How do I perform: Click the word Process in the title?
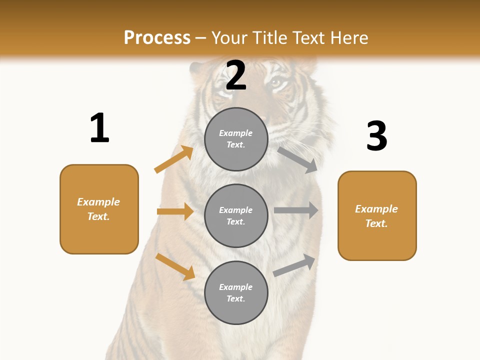(x=157, y=38)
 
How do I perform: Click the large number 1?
(x=99, y=128)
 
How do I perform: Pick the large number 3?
(x=376, y=136)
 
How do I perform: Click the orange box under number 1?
(x=99, y=209)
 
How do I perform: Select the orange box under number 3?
(x=377, y=216)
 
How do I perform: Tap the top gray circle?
(x=236, y=139)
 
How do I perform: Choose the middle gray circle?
(x=236, y=216)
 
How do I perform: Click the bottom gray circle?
(x=236, y=293)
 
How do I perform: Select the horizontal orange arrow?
(x=175, y=211)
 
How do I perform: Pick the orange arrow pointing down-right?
(x=175, y=266)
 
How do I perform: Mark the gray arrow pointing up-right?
(x=294, y=265)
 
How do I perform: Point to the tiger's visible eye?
(x=276, y=83)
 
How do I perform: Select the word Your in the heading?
(x=228, y=38)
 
